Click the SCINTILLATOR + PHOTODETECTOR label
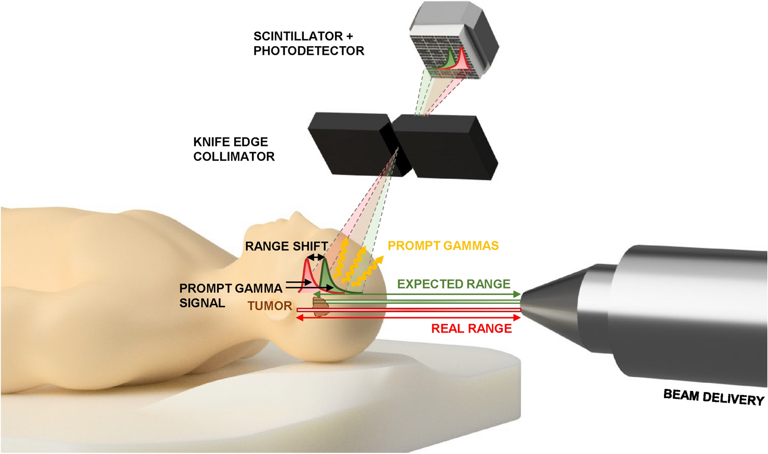tap(308, 44)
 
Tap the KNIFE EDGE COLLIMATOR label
tap(234, 149)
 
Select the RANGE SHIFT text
tap(286, 246)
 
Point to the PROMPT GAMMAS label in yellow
tap(443, 246)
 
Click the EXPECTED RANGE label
tap(453, 284)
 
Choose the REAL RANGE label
tap(471, 328)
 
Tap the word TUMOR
tap(269, 306)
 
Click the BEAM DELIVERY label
tap(713, 397)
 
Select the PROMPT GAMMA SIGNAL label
tap(231, 296)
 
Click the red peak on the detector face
tap(462, 59)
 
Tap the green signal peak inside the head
tap(324, 277)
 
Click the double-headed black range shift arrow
tap(316, 257)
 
